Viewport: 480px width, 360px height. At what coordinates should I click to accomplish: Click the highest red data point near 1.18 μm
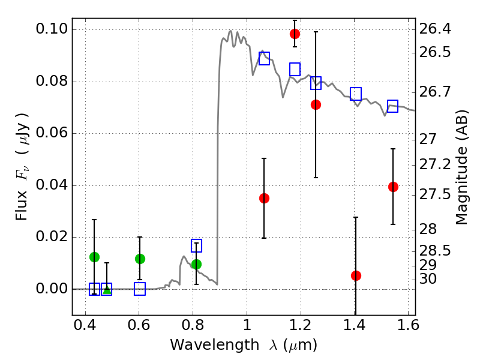[295, 34]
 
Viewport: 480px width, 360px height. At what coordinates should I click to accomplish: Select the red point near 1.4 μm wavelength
[356, 275]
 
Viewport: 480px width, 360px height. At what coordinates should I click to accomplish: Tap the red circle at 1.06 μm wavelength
[264, 198]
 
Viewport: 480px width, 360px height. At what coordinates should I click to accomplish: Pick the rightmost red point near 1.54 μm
[393, 187]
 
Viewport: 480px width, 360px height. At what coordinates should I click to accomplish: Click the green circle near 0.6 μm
[140, 259]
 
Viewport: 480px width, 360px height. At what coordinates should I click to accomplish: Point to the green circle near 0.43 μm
[94, 257]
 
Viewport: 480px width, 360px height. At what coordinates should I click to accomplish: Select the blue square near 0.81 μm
[196, 245]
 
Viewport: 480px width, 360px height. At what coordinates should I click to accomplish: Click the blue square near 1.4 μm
[356, 94]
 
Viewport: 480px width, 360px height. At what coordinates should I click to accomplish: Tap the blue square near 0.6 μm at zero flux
[140, 289]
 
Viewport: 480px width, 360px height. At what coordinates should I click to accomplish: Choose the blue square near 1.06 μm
[264, 58]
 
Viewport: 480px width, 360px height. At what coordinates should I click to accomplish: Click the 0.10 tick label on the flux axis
[52, 29]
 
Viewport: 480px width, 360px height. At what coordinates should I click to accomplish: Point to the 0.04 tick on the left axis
[52, 185]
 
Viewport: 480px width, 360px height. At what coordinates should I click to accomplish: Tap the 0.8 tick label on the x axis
[193, 327]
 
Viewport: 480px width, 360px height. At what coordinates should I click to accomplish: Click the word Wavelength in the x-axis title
[206, 345]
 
